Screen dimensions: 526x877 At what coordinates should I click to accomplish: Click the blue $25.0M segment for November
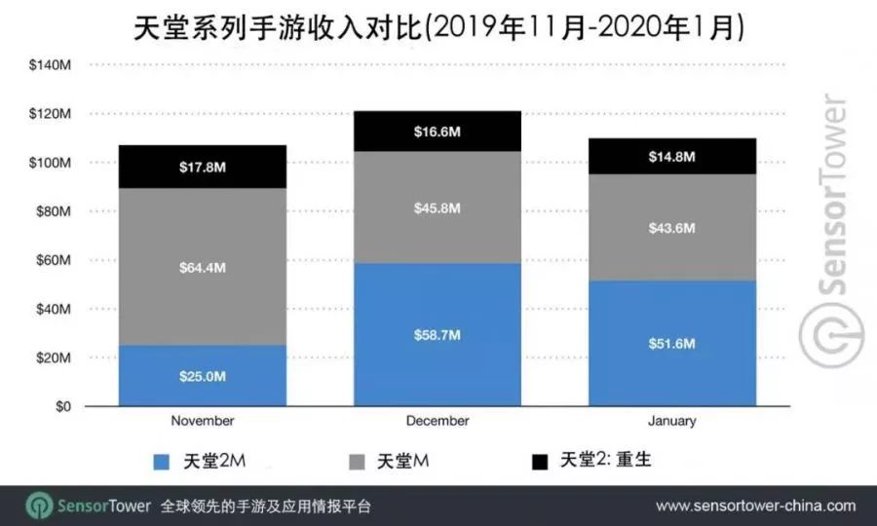[203, 376]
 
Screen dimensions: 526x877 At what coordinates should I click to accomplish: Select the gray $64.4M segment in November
[203, 266]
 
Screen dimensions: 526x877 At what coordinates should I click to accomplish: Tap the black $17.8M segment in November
[203, 167]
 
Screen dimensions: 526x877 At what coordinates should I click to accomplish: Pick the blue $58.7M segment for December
[437, 334]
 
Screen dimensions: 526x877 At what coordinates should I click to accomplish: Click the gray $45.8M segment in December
[437, 207]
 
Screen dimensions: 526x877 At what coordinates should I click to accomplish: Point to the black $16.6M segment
[437, 131]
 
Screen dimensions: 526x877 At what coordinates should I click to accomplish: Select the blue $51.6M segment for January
[671, 343]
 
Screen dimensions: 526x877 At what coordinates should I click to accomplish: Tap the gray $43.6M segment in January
[671, 228]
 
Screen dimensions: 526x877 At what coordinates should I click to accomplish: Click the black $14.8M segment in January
[671, 156]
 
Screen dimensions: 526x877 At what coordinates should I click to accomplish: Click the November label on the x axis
[202, 421]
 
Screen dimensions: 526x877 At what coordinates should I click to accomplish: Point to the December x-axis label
[437, 421]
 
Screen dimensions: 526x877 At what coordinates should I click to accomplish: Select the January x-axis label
[671, 421]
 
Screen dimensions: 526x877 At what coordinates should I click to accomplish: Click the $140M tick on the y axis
[49, 65]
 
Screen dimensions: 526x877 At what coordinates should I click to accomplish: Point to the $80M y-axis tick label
[51, 211]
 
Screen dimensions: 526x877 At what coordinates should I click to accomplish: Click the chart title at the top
[438, 26]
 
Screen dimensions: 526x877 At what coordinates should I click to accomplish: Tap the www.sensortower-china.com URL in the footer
[755, 506]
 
